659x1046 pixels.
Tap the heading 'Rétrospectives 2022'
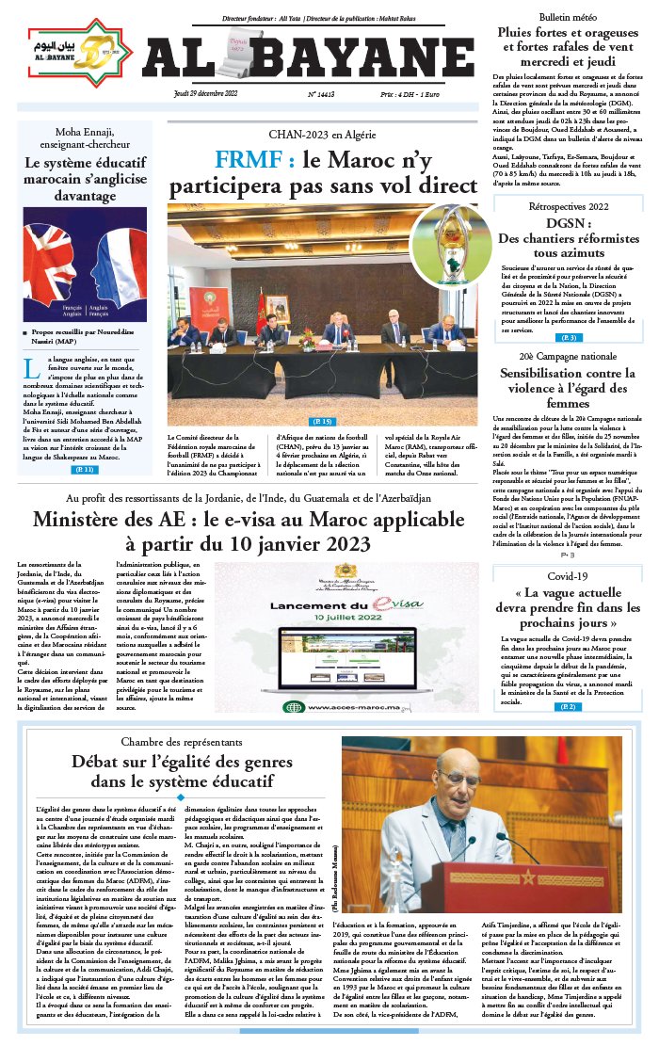[568, 206]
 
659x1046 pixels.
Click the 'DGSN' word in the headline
[568, 223]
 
